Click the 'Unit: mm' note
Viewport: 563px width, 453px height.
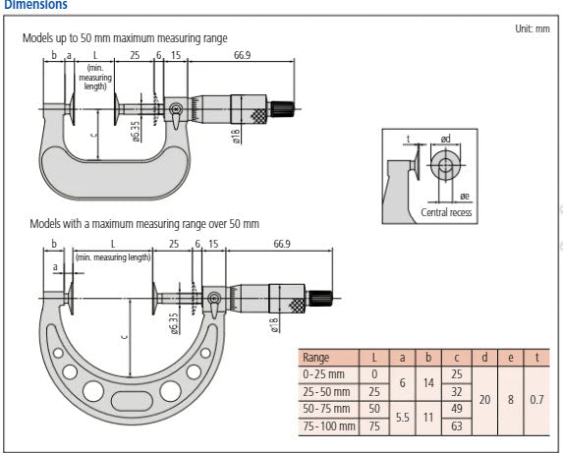[533, 28]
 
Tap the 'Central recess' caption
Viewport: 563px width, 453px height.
[446, 211]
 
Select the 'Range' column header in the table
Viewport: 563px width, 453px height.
[316, 358]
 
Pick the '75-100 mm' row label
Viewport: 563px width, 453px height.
[329, 427]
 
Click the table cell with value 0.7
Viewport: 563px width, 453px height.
[534, 401]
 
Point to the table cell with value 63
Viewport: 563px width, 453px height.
[455, 427]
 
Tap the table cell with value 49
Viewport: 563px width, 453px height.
[455, 409]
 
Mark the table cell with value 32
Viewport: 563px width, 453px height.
[455, 391]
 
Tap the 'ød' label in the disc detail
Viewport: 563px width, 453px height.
[445, 139]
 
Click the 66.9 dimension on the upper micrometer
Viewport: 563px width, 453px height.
[243, 55]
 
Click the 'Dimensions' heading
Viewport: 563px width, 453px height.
[33, 5]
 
